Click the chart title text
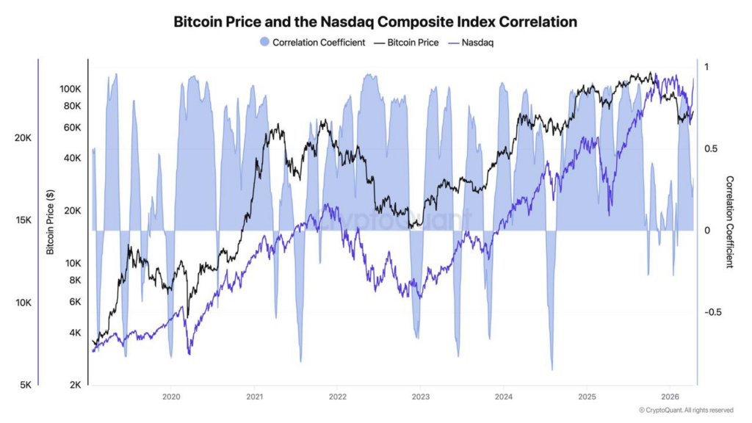375,22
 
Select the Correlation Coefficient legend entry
319,43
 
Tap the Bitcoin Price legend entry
412,43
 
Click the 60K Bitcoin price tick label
73,128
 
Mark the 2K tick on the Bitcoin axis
75,385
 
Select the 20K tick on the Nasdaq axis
23,138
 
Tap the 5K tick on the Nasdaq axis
25,385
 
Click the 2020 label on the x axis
170,397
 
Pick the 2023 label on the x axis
420,397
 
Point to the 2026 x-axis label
669,397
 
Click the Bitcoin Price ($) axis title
50,221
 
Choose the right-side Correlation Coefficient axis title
729,222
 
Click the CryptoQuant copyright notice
686,410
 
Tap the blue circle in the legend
265,43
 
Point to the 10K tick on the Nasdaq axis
23,303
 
